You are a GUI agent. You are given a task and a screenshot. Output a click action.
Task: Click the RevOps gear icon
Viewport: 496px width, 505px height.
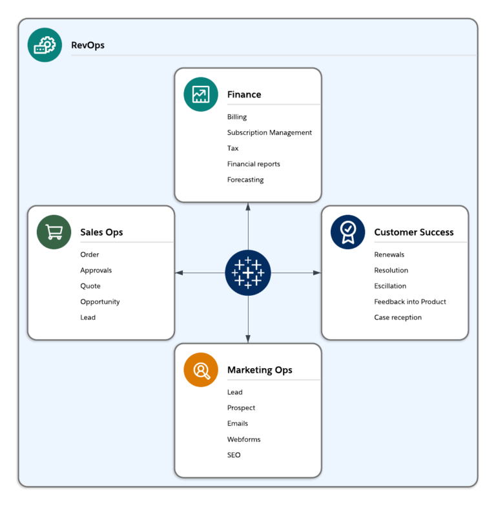click(45, 45)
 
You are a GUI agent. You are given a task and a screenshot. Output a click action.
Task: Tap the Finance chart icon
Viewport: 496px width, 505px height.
click(201, 95)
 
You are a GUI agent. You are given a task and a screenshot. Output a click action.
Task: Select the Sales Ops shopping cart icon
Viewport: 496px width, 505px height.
click(54, 232)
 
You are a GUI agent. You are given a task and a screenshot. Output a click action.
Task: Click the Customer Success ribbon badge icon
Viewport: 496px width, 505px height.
click(347, 232)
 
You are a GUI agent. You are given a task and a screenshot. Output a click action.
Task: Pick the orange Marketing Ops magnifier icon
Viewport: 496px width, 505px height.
click(201, 370)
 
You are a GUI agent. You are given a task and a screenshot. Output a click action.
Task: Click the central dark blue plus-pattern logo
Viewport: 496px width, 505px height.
click(248, 273)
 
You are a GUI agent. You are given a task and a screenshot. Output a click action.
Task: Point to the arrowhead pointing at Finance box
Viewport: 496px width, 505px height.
click(248, 206)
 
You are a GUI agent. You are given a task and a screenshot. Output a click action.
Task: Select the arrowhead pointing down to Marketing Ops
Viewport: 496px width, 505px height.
click(248, 339)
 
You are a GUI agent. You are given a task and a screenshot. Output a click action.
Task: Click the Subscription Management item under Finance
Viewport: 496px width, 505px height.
click(269, 132)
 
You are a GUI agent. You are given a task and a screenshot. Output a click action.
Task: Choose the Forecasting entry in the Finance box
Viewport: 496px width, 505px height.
click(245, 180)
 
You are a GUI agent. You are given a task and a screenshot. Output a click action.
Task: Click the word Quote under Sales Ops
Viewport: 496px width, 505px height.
click(90, 286)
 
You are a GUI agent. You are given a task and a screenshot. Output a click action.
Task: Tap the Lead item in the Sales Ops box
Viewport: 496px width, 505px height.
click(88, 317)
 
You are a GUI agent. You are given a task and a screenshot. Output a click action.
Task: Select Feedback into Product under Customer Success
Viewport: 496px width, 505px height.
click(410, 302)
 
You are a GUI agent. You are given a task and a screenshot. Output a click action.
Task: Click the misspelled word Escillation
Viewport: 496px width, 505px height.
click(390, 286)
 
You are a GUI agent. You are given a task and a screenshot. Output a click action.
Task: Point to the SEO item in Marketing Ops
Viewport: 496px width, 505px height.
click(234, 455)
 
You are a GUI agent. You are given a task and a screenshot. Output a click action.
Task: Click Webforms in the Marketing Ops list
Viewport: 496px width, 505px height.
click(243, 439)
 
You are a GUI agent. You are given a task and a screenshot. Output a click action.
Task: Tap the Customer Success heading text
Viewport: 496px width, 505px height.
click(414, 232)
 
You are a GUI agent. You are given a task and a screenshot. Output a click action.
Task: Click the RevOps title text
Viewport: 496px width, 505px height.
click(88, 45)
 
